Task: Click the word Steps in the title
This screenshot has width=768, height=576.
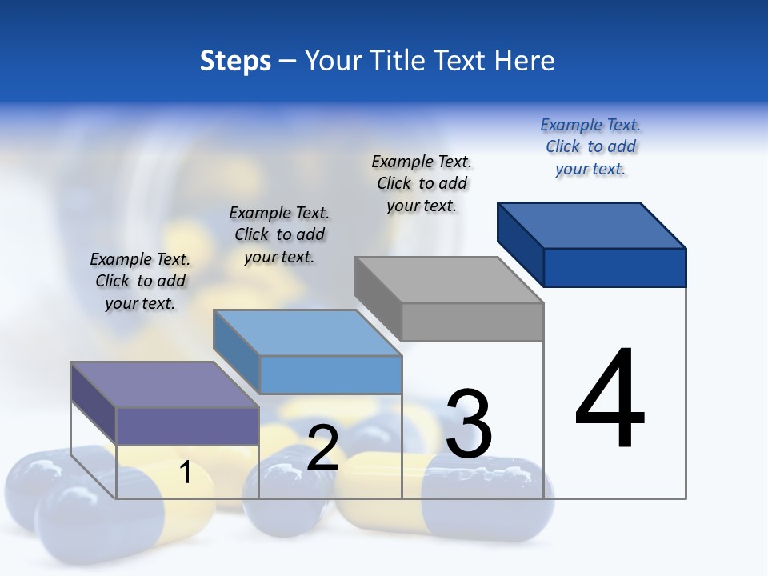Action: (x=235, y=61)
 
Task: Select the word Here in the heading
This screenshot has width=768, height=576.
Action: (x=525, y=61)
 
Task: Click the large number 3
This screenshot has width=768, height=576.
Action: (x=469, y=423)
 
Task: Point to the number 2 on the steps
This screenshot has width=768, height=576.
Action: (x=322, y=448)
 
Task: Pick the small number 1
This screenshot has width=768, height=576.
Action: (x=186, y=473)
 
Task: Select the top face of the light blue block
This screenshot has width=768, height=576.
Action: (x=308, y=333)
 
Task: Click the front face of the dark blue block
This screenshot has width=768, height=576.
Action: (x=614, y=267)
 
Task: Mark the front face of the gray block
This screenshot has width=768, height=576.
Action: (x=472, y=322)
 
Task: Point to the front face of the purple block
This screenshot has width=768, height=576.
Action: (x=187, y=426)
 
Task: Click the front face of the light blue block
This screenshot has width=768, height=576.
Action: (x=330, y=374)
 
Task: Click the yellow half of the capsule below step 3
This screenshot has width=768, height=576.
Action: (x=384, y=488)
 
